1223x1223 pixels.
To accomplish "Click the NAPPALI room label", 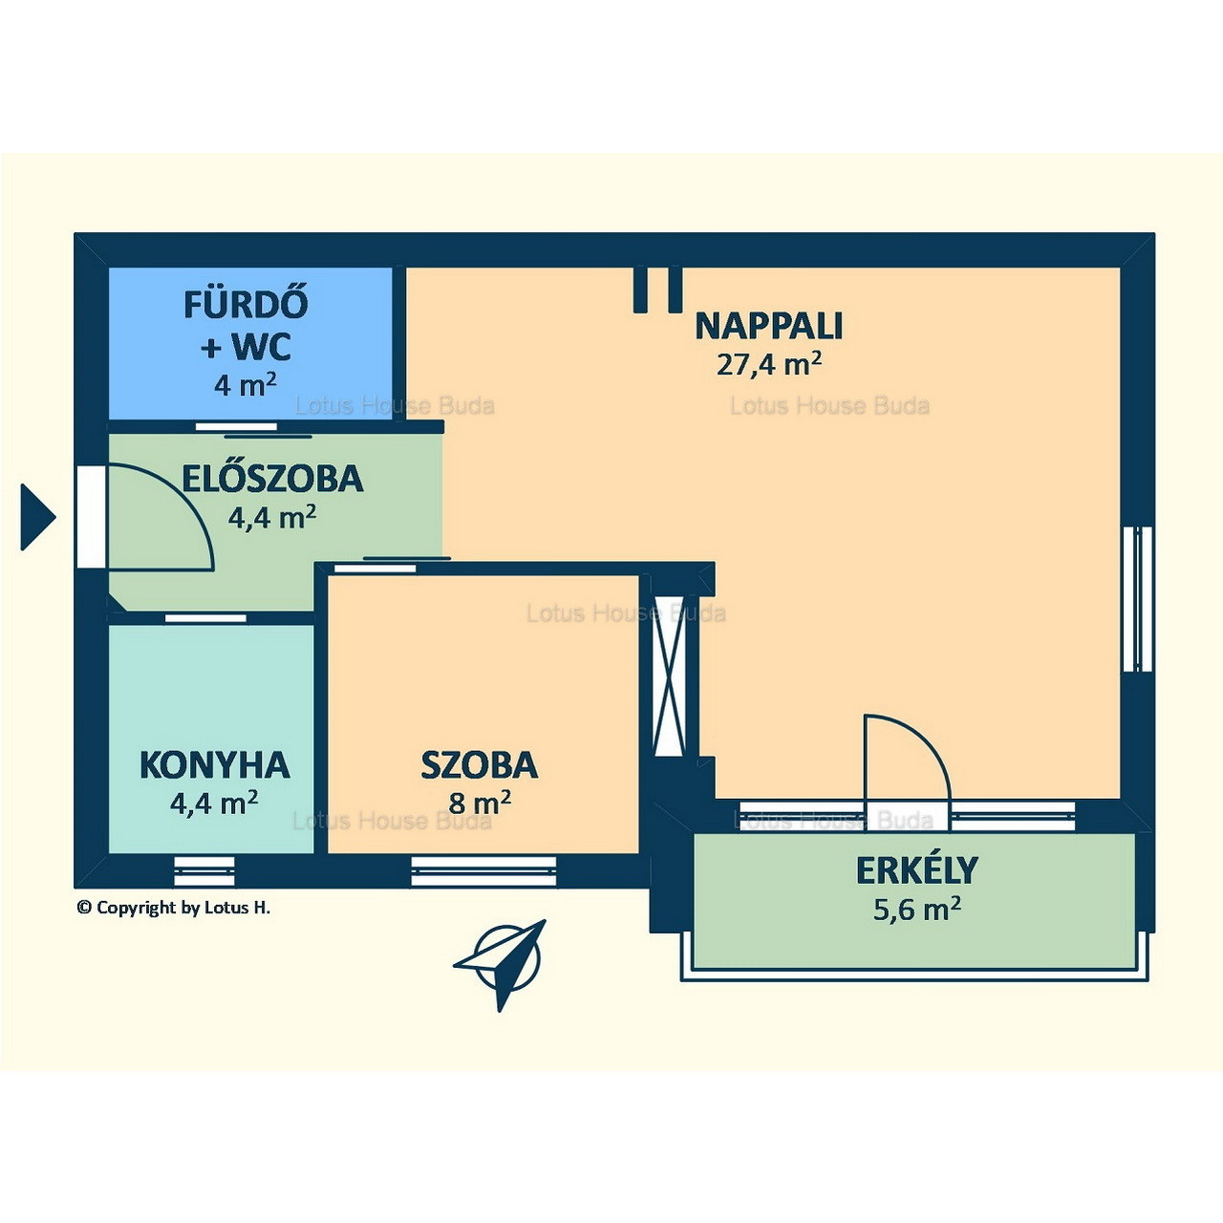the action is tap(768, 326).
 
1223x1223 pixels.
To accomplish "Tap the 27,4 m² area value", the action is tap(768, 364).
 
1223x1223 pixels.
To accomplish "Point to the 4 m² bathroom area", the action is tap(245, 385).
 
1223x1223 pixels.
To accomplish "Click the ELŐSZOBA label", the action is tap(272, 480).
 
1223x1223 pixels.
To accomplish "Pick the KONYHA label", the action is tap(215, 764).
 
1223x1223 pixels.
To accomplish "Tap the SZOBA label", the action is tap(480, 764).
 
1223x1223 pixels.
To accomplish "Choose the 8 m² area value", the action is tap(480, 803).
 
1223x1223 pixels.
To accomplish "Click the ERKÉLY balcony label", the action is tap(916, 870).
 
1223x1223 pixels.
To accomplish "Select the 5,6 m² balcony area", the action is tap(917, 910).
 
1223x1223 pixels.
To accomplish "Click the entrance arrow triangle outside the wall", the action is tap(37, 517).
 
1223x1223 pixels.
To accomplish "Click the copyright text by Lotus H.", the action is tap(173, 908).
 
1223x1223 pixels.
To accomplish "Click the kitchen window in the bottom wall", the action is tap(204, 870).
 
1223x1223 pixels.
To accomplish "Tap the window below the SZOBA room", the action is tap(483, 870).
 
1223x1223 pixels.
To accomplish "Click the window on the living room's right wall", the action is tap(1137, 599).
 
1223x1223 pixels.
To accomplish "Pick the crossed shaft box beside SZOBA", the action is tap(669, 676).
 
